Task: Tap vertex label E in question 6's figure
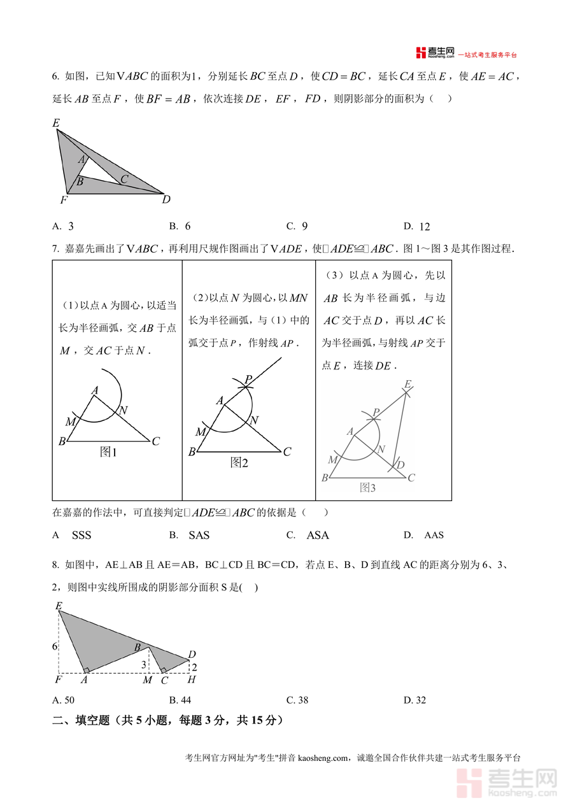click(x=56, y=123)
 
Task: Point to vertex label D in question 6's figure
click(x=166, y=200)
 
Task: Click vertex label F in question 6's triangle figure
click(x=64, y=201)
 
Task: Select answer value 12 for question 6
click(x=425, y=227)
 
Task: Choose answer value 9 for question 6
click(x=305, y=226)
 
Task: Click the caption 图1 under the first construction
click(x=109, y=452)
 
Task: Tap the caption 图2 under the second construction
click(x=239, y=463)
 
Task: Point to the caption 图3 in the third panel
click(x=368, y=488)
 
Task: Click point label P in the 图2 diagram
click(x=248, y=379)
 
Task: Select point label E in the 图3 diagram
click(x=407, y=385)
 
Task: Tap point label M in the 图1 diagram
click(x=70, y=422)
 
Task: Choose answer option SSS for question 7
click(x=81, y=536)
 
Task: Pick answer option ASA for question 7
click(x=318, y=536)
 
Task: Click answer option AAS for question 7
click(x=434, y=536)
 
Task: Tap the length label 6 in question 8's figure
click(x=55, y=646)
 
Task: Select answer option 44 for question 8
click(x=185, y=700)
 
